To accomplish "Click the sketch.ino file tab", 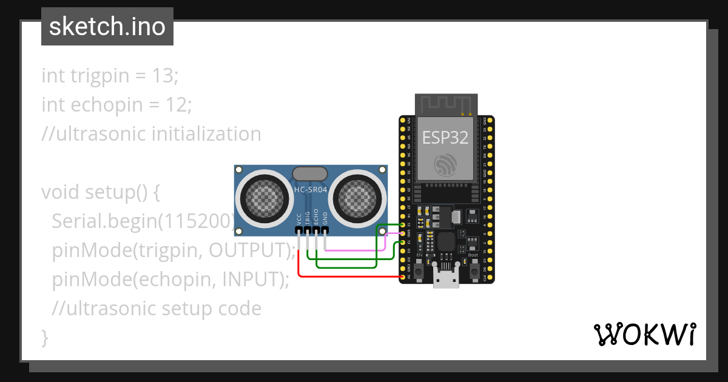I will pos(107,27).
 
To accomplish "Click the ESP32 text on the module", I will pos(445,138).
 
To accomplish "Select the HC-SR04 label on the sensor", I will pos(311,190).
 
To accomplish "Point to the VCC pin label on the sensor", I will pos(299,219).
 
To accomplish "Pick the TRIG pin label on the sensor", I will pos(308,218).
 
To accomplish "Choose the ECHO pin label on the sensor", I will pos(316,218).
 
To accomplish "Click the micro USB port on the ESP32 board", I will pos(446,280).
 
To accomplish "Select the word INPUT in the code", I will pos(249,280).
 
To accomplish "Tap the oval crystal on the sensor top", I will pos(311,174).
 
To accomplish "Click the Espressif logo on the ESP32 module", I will pos(446,164).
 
